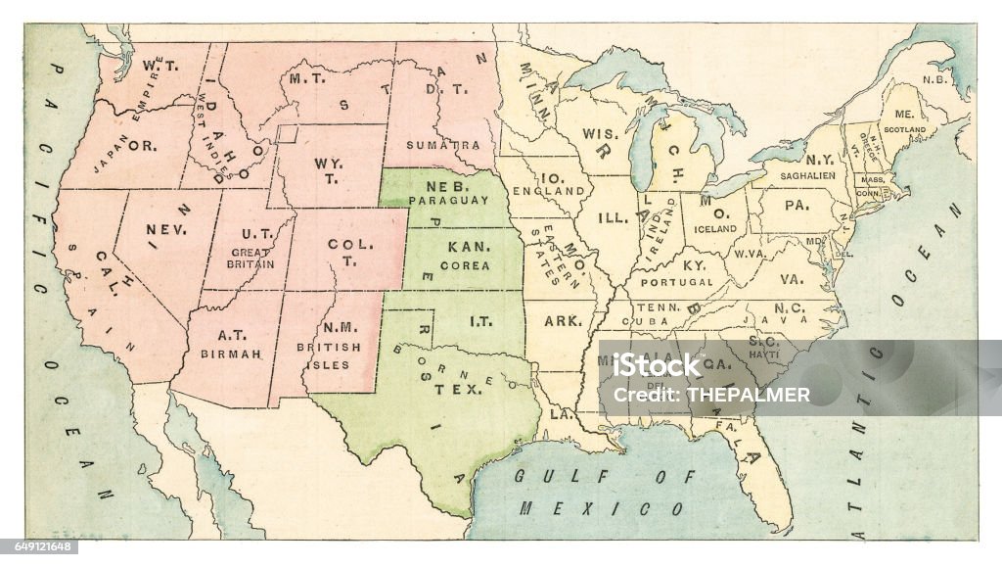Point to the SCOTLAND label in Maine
904,129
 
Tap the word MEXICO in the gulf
601,509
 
